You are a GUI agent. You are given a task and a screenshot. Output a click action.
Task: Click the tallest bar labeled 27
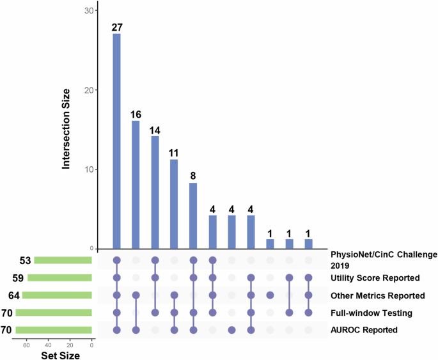116,141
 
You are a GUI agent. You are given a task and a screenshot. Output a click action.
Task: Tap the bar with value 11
174,204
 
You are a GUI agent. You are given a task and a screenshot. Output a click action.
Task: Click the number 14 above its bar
155,130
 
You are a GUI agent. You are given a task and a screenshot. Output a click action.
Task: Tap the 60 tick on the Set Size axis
26,344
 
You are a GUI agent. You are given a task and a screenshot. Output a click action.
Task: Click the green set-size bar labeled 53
63,260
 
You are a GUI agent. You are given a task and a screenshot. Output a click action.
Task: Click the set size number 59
18,278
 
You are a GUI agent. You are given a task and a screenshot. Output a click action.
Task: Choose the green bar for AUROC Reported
54,330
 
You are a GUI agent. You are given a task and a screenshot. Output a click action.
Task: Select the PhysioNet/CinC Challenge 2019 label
383,259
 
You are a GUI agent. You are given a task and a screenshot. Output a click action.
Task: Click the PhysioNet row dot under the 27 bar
116,260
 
